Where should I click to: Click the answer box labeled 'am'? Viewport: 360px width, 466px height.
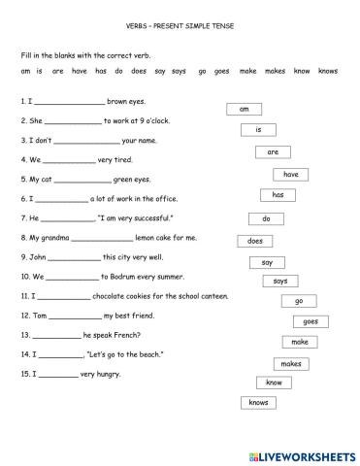[x=244, y=110]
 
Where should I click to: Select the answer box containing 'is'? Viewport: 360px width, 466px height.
[x=259, y=130]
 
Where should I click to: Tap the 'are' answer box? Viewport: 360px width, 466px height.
[x=273, y=152]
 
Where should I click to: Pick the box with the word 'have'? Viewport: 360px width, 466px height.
[x=290, y=174]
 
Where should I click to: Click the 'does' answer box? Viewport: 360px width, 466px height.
[x=266, y=218]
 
